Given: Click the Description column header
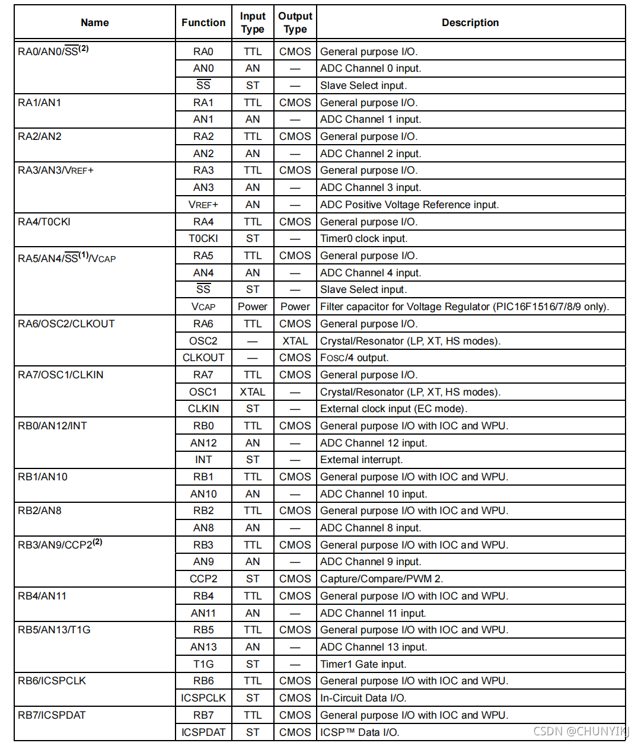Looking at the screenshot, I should pos(470,23).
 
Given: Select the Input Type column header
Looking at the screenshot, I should pos(253,23).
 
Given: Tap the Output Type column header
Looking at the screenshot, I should pos(295,23).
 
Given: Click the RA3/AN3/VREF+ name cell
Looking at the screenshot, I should pos(56,171).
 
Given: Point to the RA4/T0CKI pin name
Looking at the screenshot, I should pos(44,222).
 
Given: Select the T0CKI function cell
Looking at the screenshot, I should pos(203,238).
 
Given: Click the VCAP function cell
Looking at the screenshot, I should pos(203,307).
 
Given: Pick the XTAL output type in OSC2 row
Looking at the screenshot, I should pos(295,341).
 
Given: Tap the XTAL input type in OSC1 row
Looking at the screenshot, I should pos(253,392).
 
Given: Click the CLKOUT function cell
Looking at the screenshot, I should pos(203,358).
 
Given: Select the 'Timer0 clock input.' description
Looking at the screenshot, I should pos(363,238).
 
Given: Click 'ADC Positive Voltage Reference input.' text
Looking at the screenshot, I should pos(409,205).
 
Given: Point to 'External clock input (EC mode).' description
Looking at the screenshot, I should pos(394,409).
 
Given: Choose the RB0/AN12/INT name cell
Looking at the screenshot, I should pos(53,426).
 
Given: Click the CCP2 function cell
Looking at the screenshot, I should pos(203,579).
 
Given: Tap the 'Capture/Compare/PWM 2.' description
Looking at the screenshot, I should pos(381,579).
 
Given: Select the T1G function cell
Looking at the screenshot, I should pos(203,664).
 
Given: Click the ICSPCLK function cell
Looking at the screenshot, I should pos(203,698).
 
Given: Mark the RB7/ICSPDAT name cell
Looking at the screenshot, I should pos(52,715).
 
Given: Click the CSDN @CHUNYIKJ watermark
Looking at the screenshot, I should pos(580,731).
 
